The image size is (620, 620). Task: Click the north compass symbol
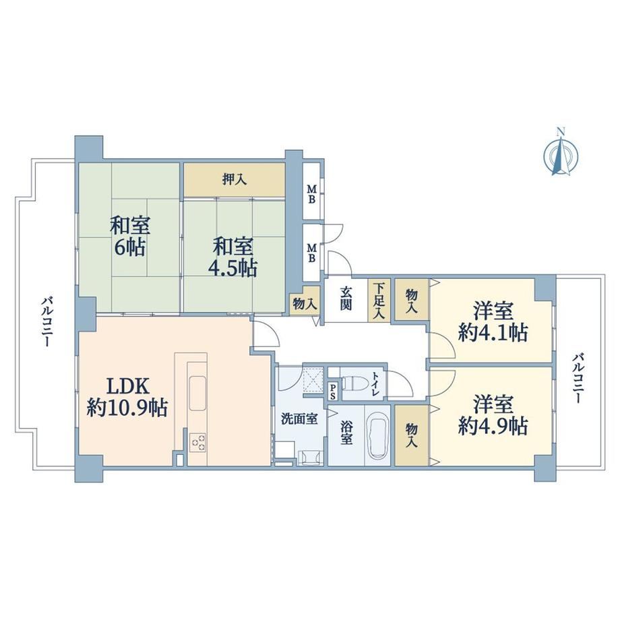pyautogui.click(x=561, y=152)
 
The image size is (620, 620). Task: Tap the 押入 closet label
pyautogui.click(x=235, y=180)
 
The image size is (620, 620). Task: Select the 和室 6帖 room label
pyautogui.click(x=129, y=237)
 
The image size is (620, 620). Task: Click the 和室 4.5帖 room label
pyautogui.click(x=233, y=257)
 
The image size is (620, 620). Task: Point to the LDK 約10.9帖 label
pyautogui.click(x=128, y=397)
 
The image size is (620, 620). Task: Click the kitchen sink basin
pyautogui.click(x=197, y=393)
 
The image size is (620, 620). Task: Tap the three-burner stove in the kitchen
pyautogui.click(x=197, y=442)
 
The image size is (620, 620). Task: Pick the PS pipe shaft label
pyautogui.click(x=334, y=390)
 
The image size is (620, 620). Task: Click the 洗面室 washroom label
pyautogui.click(x=299, y=418)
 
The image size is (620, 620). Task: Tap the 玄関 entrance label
pyautogui.click(x=346, y=298)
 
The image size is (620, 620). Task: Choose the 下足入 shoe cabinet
pyautogui.click(x=379, y=301)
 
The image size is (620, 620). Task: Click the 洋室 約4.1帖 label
pyautogui.click(x=493, y=322)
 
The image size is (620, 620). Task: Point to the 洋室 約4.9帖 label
pyautogui.click(x=493, y=416)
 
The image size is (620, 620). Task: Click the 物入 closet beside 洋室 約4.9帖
pyautogui.click(x=412, y=435)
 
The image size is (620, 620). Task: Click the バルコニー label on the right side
pyautogui.click(x=578, y=378)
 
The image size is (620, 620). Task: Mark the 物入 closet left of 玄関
pyautogui.click(x=305, y=304)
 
